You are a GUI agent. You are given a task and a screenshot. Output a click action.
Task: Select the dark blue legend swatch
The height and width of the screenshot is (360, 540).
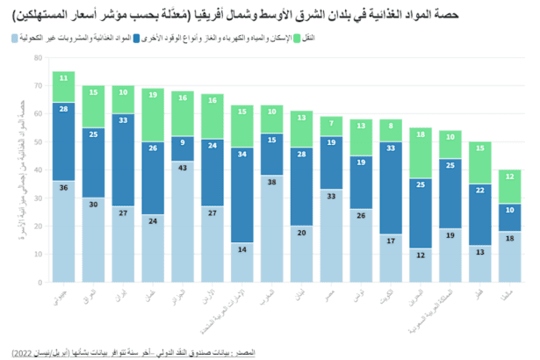point(136,39)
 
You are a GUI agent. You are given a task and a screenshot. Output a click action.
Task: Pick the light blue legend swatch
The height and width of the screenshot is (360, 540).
point(16,39)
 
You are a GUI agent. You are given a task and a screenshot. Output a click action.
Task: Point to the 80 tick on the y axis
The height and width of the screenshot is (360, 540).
point(37,58)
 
